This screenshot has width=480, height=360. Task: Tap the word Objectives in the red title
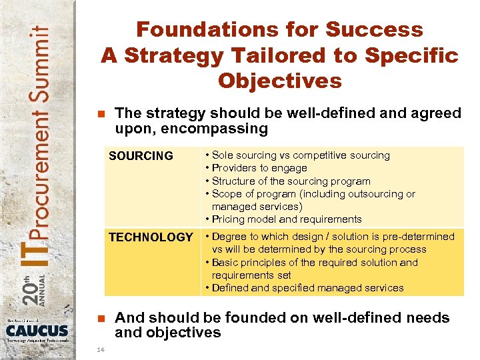click(x=279, y=81)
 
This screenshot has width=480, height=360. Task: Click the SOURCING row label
click(x=141, y=156)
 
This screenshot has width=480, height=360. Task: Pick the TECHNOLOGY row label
click(x=151, y=237)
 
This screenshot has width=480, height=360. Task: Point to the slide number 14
click(x=100, y=349)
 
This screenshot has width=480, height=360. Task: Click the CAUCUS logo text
click(x=37, y=331)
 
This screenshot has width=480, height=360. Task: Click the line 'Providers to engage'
click(x=259, y=168)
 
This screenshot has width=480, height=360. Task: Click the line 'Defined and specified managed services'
click(x=307, y=288)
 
